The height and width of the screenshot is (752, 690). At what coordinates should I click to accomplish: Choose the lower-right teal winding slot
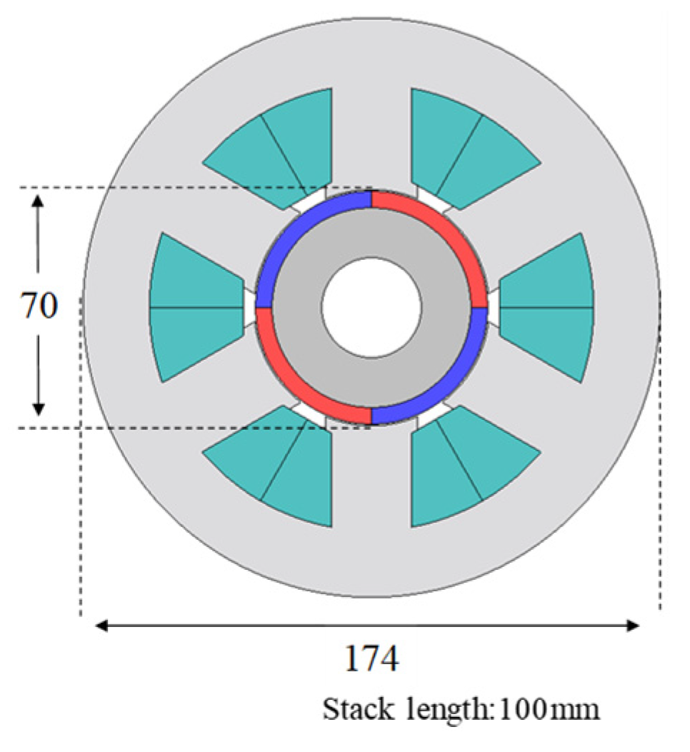(x=464, y=468)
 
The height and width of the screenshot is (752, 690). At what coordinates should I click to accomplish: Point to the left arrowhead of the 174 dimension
(x=101, y=626)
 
